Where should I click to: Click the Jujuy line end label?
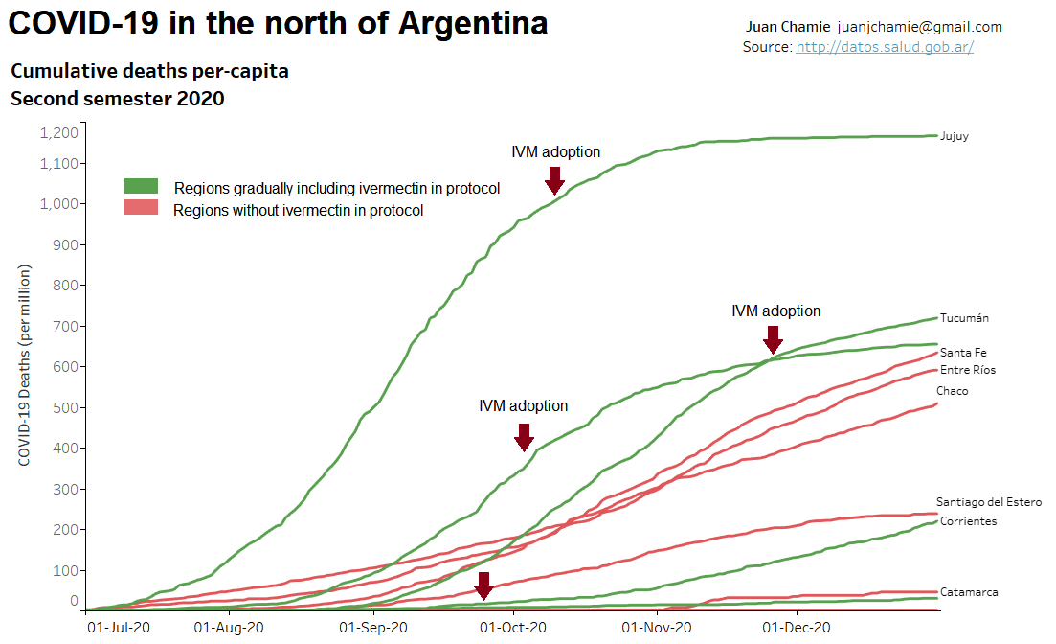click(954, 136)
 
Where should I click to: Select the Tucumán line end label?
click(964, 318)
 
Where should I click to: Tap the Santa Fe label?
click(963, 353)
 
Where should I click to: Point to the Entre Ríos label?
click(967, 370)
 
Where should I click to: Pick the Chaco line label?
click(952, 391)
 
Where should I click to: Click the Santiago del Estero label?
click(988, 502)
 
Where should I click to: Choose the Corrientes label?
click(968, 521)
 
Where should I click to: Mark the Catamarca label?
click(969, 592)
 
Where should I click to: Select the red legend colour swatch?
click(141, 208)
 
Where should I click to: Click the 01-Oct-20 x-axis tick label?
click(514, 628)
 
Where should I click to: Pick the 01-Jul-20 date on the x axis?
click(119, 628)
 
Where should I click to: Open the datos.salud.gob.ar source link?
click(884, 46)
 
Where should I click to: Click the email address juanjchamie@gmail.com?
click(919, 27)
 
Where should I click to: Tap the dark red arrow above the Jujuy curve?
click(553, 179)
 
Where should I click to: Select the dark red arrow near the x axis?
click(483, 586)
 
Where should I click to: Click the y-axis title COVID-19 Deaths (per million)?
click(25, 367)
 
